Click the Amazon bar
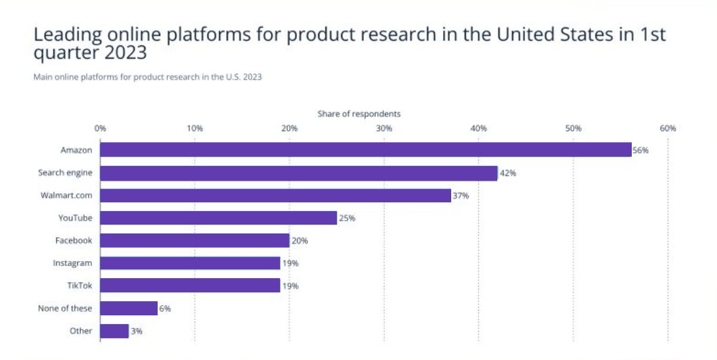[365, 150]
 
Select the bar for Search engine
[298, 173]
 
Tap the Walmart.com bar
[275, 196]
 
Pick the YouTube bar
[218, 218]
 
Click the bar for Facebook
[195, 240]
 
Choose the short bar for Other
[114, 331]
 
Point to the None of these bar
[129, 309]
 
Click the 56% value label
[640, 150]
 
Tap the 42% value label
[508, 173]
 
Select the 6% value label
[165, 309]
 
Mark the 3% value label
[137, 332]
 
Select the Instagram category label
[72, 263]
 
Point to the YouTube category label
[75, 218]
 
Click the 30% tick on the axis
[384, 129]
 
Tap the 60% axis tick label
[668, 129]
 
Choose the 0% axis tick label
[100, 129]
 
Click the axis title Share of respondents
[358, 114]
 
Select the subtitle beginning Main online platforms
[147, 77]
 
